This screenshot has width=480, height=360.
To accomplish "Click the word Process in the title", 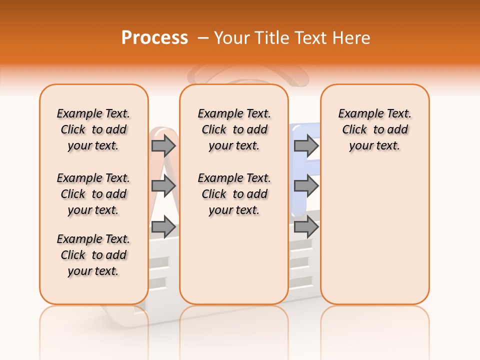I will [154, 37].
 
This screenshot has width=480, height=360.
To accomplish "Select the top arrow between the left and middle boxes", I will [163, 145].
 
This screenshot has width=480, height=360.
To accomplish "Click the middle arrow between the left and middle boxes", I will [163, 185].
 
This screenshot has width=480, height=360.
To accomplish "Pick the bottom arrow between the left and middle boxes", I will [163, 227].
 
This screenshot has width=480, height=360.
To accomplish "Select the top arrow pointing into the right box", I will [306, 145].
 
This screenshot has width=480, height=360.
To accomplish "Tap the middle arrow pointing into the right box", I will [306, 185].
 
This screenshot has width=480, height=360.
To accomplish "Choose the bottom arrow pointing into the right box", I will [306, 227].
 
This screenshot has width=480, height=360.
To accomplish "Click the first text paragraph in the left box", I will [93, 129].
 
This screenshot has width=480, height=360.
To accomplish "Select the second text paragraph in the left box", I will [93, 194].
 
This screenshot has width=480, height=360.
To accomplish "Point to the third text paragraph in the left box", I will [93, 255].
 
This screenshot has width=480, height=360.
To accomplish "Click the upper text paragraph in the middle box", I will [234, 129].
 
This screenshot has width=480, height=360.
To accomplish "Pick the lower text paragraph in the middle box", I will [234, 194].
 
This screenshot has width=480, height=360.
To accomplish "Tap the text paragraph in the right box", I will [375, 129].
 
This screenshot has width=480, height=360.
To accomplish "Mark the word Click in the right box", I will [354, 130].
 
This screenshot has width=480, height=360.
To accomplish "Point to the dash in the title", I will [203, 38].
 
